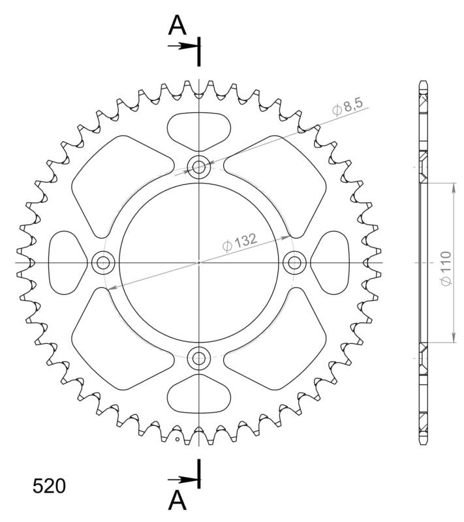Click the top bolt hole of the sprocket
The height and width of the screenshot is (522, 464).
pos(198,167)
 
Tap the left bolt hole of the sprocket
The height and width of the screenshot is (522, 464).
pos(102,262)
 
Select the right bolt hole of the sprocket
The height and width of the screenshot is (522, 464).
pos(294,262)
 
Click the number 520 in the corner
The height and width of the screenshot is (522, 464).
pos(48,486)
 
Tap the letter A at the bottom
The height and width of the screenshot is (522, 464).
pos(178,500)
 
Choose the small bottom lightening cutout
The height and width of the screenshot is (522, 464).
pos(198,395)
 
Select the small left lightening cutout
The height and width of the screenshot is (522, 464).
pos(66,262)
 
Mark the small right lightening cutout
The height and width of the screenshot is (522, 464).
pos(332,262)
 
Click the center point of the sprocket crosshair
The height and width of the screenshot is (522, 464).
pos(198,262)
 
